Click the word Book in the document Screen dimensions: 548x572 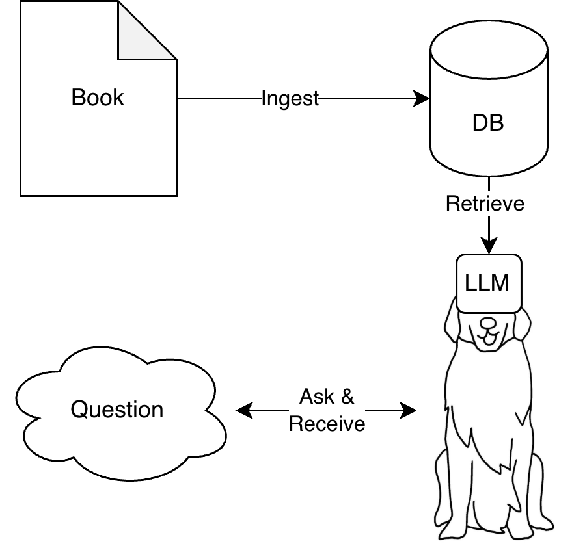[x=98, y=98]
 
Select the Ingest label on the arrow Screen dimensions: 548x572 [x=290, y=99]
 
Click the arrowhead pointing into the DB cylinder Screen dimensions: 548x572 [x=424, y=99]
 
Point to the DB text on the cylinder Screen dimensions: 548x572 [x=488, y=123]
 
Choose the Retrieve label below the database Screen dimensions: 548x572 [x=485, y=203]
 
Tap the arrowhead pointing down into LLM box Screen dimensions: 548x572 [x=489, y=247]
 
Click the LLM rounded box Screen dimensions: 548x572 [x=488, y=283]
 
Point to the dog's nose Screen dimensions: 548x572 [x=488, y=322]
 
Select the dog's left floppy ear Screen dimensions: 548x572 [x=454, y=325]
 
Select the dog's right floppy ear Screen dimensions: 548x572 [x=523, y=325]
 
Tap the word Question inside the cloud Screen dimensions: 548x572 [x=117, y=410]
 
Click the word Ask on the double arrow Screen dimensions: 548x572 [x=317, y=397]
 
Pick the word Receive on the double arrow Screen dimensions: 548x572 [x=327, y=424]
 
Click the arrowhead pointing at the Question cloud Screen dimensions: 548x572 [x=242, y=410]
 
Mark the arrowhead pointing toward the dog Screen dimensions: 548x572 [x=409, y=410]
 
